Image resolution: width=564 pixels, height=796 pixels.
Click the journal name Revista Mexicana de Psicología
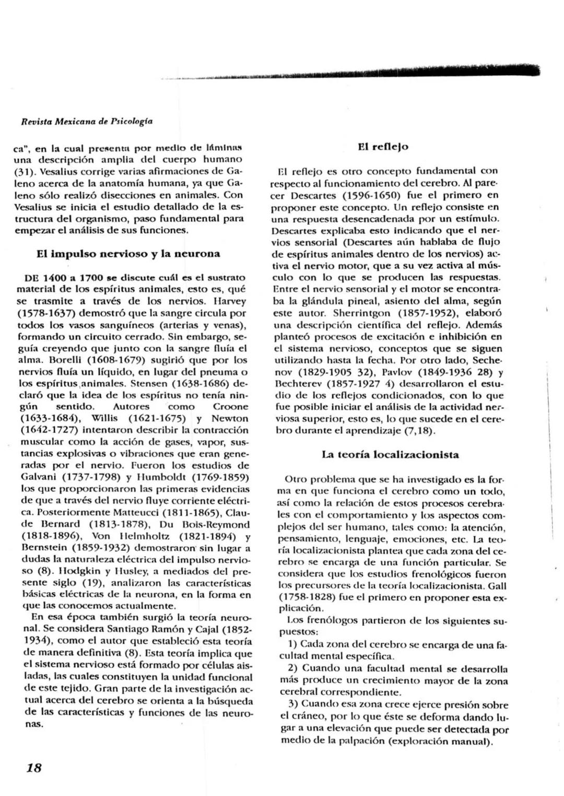coord(86,122)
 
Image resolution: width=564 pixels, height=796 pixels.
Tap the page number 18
coord(34,767)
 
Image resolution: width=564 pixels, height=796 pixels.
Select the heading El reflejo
coord(383,147)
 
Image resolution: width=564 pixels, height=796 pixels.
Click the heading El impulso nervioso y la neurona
coord(128,254)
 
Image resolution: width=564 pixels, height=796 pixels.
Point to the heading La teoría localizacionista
coord(390,454)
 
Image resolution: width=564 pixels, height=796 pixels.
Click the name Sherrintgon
coord(361,313)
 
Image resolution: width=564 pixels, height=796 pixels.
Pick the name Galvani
coord(39,477)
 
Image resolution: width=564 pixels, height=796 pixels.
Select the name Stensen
coord(148,383)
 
